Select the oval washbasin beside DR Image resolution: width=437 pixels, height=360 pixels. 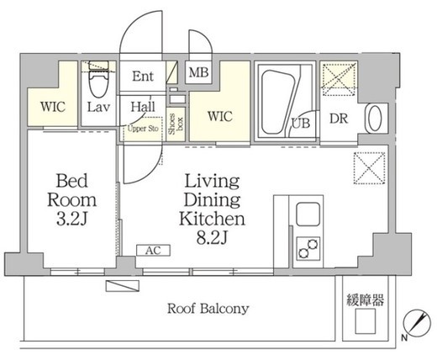pos(375,118)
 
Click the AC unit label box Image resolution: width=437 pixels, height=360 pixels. pos(153,251)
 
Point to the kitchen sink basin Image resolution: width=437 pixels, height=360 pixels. pos(308,214)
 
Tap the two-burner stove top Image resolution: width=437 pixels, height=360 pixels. pos(308,248)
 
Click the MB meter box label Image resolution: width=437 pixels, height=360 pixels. pos(198,72)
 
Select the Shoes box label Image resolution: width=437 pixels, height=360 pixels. pos(176,124)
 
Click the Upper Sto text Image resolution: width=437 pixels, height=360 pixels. pos(143,129)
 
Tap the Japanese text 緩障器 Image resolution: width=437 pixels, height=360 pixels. pos(365,299)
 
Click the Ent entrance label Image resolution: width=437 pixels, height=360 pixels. pos(143,76)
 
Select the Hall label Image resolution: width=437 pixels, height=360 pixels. pos(143,107)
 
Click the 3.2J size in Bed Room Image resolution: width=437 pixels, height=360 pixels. pos(72,219)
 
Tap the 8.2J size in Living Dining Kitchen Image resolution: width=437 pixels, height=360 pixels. pos(212,238)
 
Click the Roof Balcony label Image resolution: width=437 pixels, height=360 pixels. pos(208,309)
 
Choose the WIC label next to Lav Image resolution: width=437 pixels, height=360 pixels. pos(53,107)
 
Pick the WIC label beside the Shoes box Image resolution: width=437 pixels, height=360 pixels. pos(220,116)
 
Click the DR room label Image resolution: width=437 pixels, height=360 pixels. pos(339,119)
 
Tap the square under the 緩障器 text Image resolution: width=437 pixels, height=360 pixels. pos(366,321)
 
